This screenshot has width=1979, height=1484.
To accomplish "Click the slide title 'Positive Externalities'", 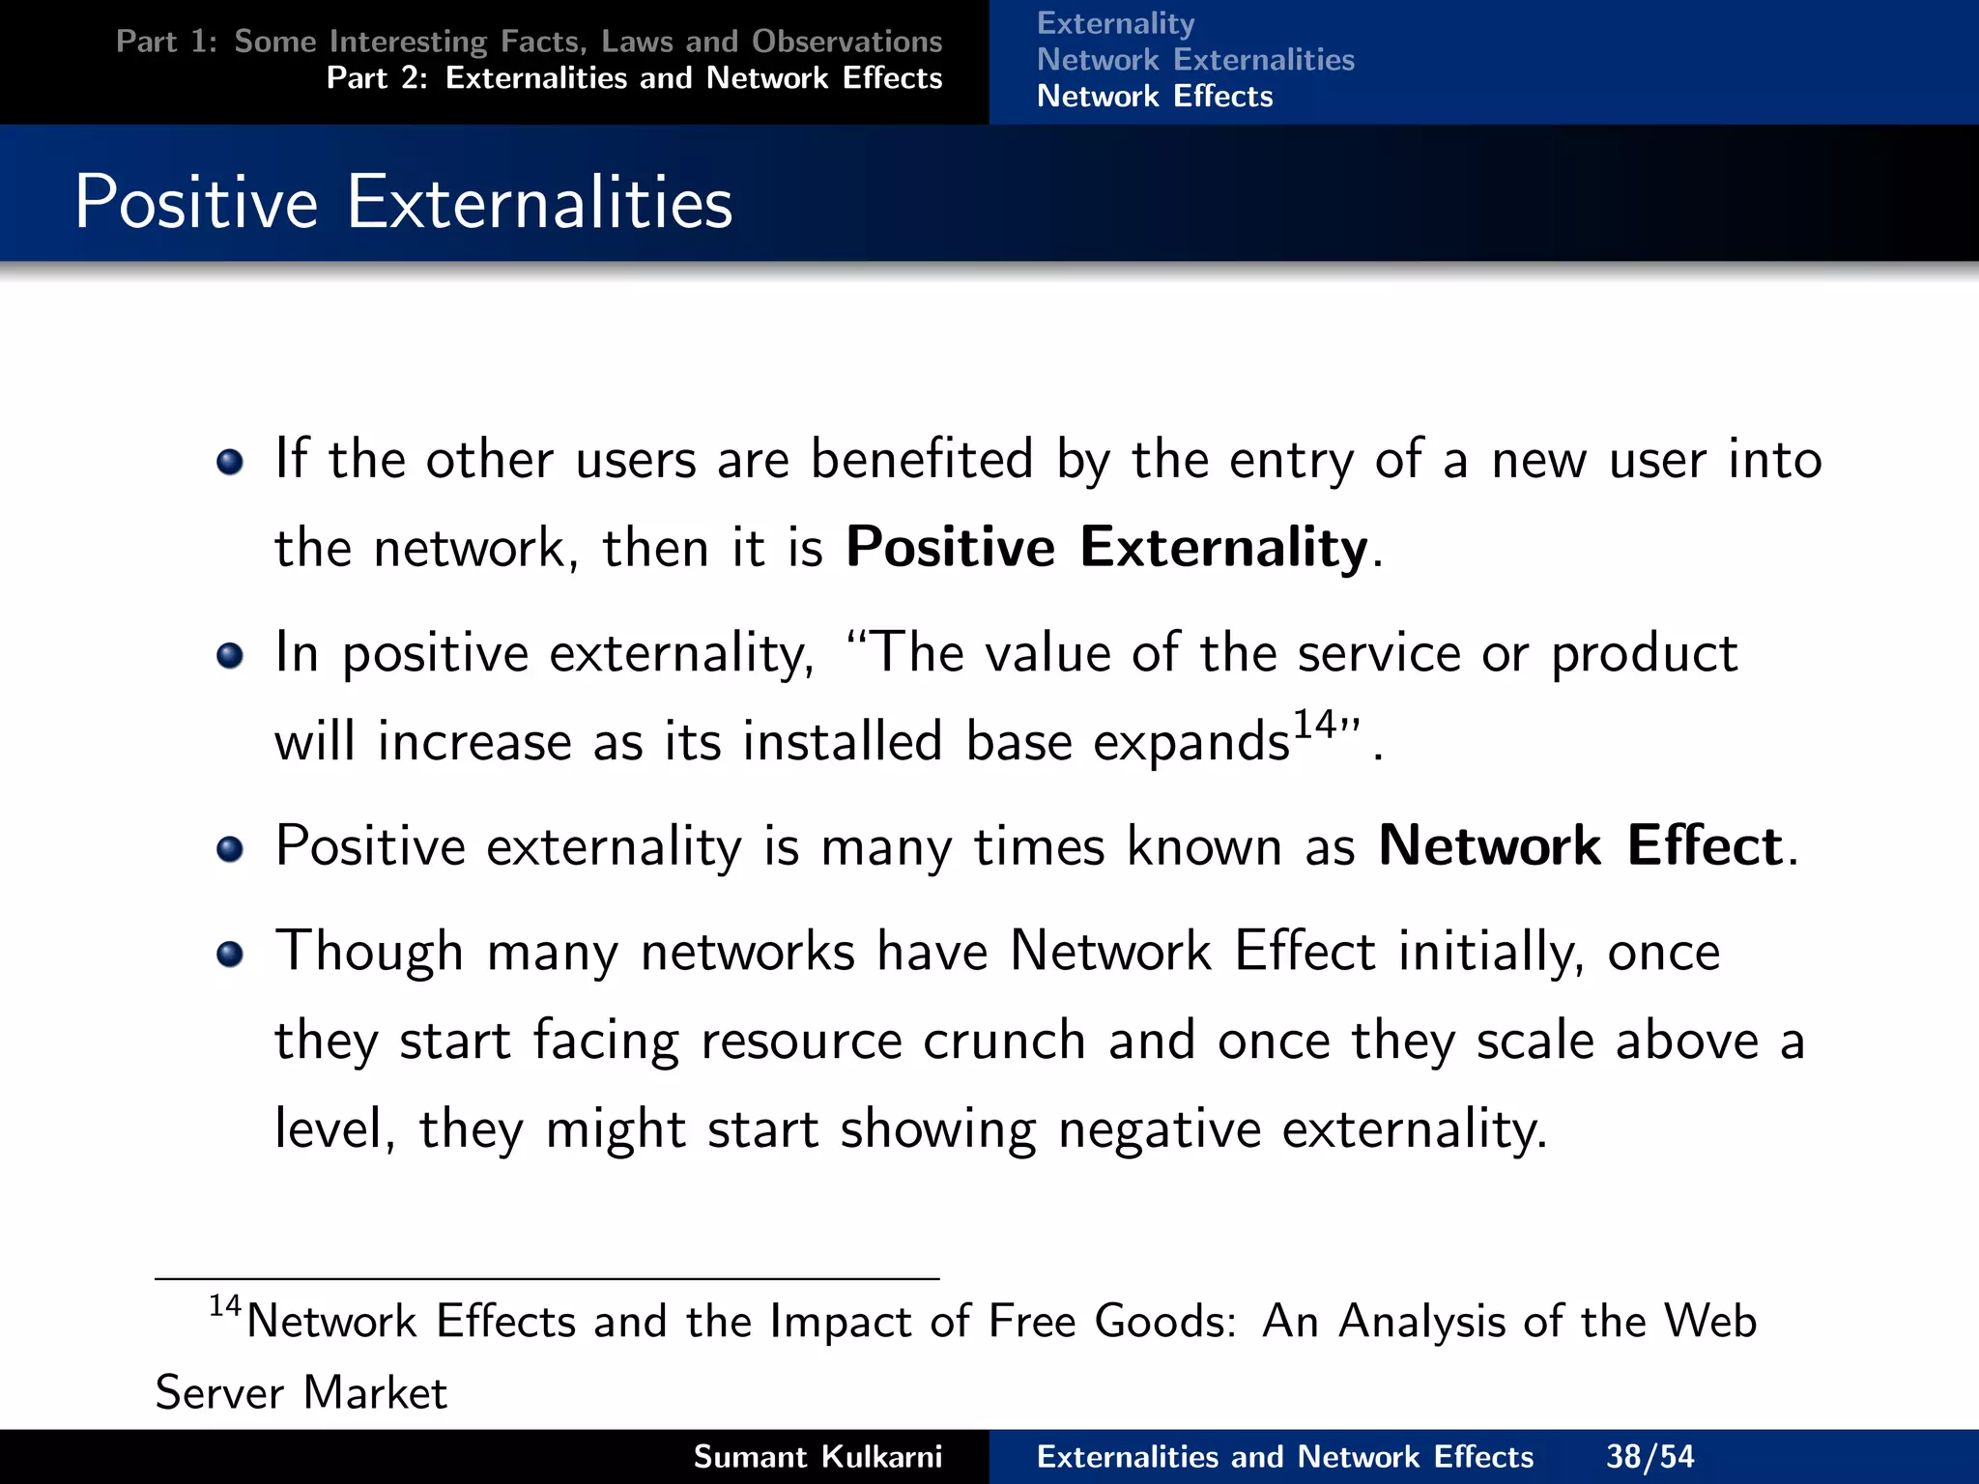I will tap(403, 202).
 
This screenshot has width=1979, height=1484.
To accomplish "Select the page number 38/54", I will tap(1649, 1456).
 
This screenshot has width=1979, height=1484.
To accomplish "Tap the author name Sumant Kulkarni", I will tap(817, 1456).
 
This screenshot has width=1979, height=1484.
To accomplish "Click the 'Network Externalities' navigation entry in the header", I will tap(1195, 60).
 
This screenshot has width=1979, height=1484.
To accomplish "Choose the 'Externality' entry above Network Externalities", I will tap(1115, 23).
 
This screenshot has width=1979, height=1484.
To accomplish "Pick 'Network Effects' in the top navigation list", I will tap(1155, 97).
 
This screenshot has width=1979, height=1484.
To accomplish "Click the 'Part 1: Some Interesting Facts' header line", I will tap(529, 42).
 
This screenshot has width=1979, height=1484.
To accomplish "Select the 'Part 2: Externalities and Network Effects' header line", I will tap(634, 78).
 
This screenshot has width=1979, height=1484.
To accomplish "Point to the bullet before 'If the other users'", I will tap(230, 462).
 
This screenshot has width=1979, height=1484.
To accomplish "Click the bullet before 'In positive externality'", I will tap(230, 657).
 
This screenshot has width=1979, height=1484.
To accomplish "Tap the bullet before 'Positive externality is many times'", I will tap(230, 849).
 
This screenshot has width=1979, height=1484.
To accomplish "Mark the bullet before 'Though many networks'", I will tap(230, 955).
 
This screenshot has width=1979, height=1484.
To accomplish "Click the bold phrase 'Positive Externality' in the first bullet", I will tap(1106, 547).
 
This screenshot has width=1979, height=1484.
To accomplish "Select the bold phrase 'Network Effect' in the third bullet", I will tap(1580, 845).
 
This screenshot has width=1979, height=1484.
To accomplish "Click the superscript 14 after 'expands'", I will tap(1314, 724).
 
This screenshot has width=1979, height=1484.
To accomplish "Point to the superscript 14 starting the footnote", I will tap(224, 1306).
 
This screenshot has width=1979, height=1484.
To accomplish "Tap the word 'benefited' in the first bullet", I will tap(922, 459).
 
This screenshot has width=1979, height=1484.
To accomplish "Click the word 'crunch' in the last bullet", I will tap(1004, 1041).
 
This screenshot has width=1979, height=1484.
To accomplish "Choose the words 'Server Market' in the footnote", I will tap(301, 1393).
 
